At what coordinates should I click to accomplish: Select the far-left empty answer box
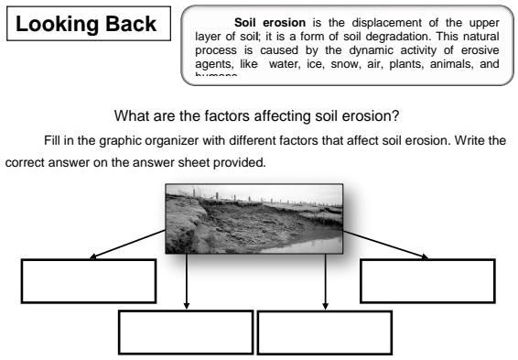point(88,280)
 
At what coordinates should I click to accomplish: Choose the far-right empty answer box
point(427,280)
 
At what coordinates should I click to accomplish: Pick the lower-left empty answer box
point(187,332)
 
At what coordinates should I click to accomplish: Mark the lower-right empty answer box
point(325,332)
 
